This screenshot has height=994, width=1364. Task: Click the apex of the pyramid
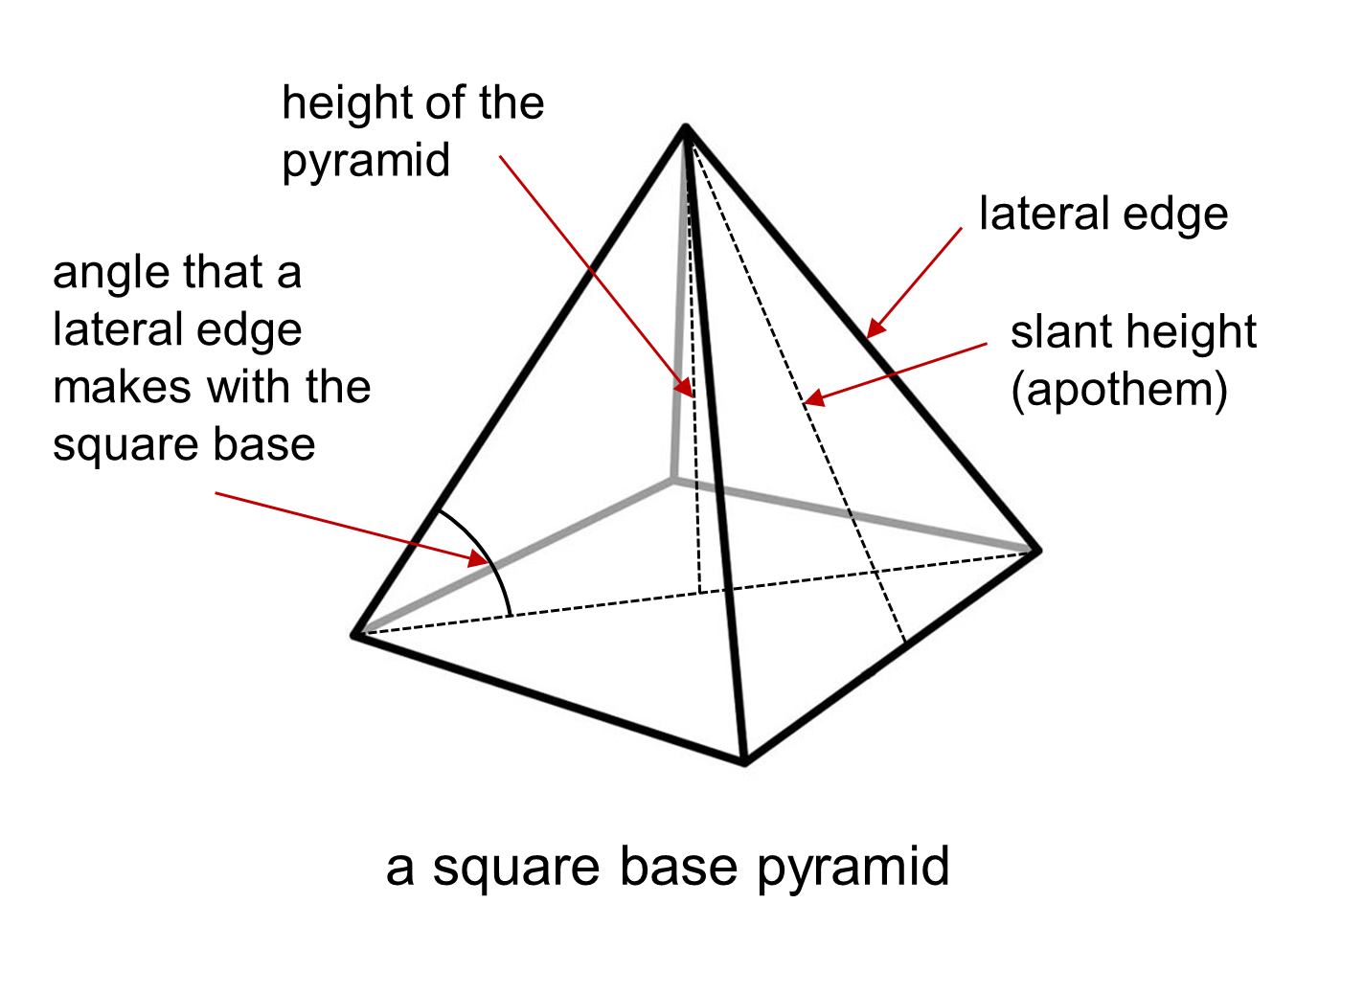pyautogui.click(x=686, y=126)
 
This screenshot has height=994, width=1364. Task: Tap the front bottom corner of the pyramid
pyautogui.click(x=744, y=762)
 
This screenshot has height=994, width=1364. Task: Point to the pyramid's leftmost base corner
pyautogui.click(x=355, y=634)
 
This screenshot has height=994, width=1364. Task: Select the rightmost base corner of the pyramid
pyautogui.click(x=1037, y=551)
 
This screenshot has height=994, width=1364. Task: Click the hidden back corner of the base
pyautogui.click(x=673, y=480)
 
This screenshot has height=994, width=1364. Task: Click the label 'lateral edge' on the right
pyautogui.click(x=1103, y=214)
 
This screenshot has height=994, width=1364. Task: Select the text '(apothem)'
pyautogui.click(x=1119, y=390)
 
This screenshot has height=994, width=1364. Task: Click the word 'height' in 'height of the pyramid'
pyautogui.click(x=347, y=102)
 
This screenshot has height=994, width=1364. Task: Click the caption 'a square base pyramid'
pyautogui.click(x=668, y=867)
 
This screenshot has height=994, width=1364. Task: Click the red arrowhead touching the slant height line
pyautogui.click(x=813, y=399)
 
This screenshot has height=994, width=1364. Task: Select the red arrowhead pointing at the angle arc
pyautogui.click(x=477, y=559)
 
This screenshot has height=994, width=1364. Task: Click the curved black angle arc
pyautogui.click(x=489, y=555)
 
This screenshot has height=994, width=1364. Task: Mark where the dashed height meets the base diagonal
pyautogui.click(x=700, y=593)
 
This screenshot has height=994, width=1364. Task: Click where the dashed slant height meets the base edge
pyautogui.click(x=904, y=642)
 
